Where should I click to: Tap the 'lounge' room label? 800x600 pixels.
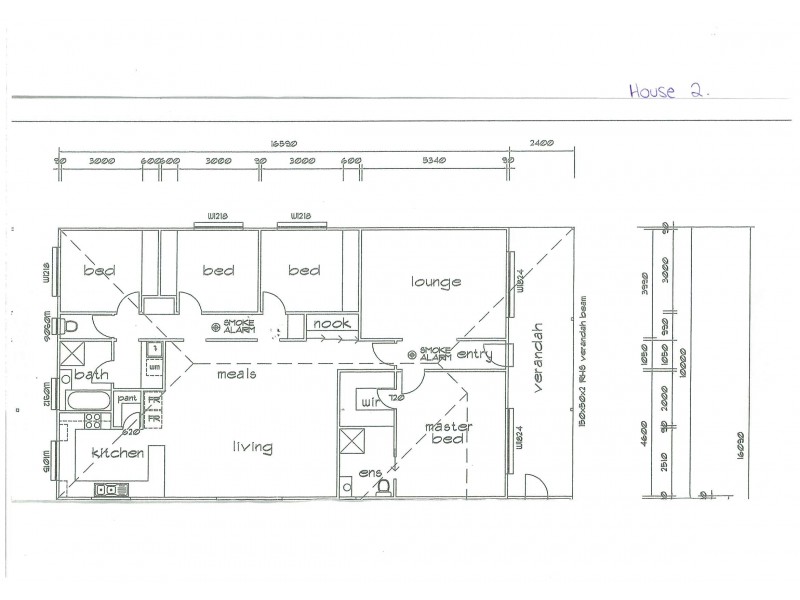coord(436,282)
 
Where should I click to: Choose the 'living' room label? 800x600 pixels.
coord(253,448)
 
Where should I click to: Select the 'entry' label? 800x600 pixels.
coord(475,354)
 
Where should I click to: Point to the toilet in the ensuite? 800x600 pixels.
coord(383,485)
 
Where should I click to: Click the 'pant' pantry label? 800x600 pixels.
coord(127,399)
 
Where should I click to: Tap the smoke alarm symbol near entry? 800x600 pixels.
coord(412,355)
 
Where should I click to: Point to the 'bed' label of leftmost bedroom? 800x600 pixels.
coord(98,271)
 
